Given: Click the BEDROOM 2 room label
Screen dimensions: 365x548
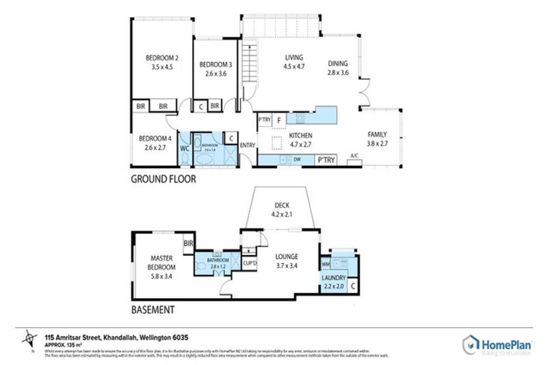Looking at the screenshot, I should click(x=162, y=58).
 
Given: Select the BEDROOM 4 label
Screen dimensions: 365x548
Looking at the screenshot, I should click(x=155, y=138).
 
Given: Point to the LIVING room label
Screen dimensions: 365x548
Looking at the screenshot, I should click(x=294, y=58).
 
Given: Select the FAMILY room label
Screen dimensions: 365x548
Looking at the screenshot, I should click(x=377, y=134).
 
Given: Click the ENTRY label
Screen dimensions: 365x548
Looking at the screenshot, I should click(x=248, y=145).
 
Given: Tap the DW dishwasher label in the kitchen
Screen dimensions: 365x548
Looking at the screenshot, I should click(x=295, y=160).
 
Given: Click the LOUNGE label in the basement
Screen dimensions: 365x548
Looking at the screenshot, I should click(x=286, y=257).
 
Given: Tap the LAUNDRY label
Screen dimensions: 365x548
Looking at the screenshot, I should click(x=334, y=277).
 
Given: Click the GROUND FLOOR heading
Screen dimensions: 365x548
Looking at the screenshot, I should click(x=163, y=180).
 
